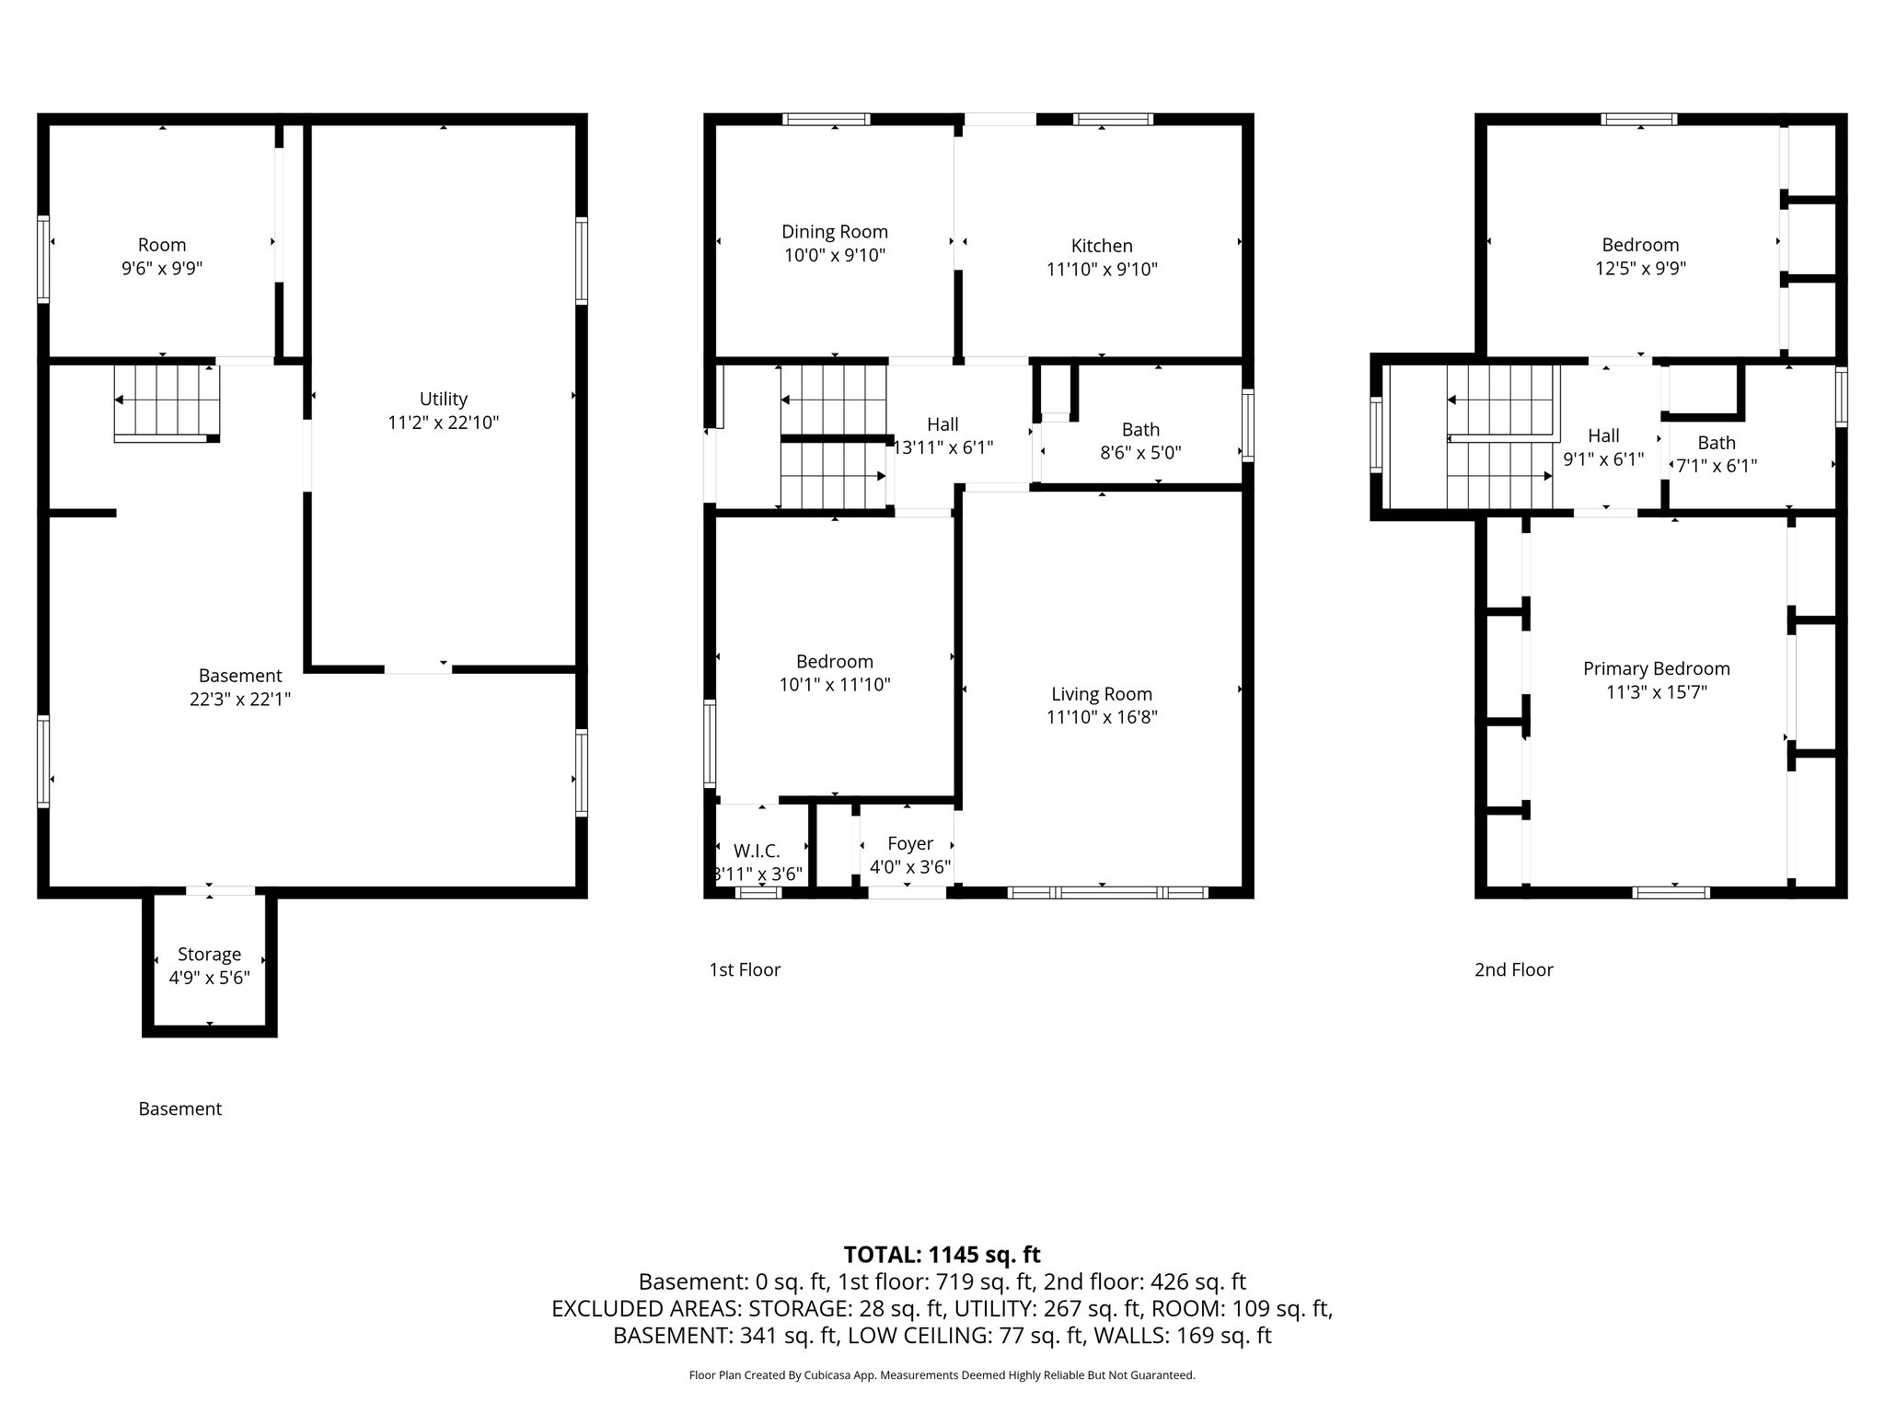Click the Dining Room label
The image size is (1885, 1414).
835,232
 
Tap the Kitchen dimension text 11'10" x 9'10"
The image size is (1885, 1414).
1102,270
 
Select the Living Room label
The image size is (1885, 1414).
1102,694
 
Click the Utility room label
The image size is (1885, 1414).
444,400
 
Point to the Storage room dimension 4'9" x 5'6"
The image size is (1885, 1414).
210,978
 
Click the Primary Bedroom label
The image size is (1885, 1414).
1657,669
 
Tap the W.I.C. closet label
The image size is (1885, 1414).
757,852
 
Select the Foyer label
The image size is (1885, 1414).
910,844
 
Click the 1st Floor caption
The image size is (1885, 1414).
745,969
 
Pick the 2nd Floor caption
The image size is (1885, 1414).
1514,969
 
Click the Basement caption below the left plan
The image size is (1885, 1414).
180,1109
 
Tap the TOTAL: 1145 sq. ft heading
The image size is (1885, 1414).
942,1255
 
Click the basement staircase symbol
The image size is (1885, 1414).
167,403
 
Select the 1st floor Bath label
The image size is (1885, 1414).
1141,430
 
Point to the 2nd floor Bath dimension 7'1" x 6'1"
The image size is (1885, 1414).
1717,466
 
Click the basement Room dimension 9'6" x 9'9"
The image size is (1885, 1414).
162,269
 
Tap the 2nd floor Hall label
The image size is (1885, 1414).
1604,436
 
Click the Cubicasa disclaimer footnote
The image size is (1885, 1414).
942,1375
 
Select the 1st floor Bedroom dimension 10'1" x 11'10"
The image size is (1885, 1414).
835,685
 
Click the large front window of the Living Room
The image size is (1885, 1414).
1108,892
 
